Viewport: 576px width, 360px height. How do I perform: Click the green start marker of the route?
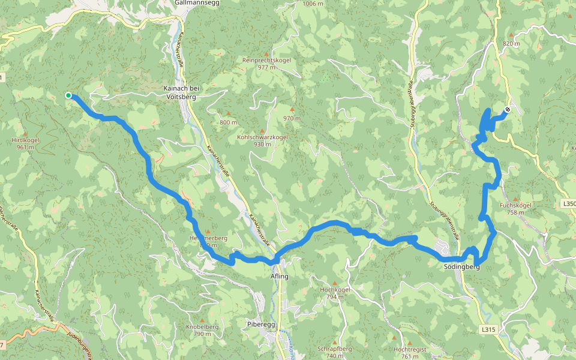pyautogui.click(x=68, y=95)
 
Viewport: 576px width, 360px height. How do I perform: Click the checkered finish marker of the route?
pyautogui.click(x=508, y=109)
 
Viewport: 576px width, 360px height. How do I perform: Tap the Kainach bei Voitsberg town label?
pyautogui.click(x=181, y=92)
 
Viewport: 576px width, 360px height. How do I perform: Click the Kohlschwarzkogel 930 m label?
pyautogui.click(x=263, y=140)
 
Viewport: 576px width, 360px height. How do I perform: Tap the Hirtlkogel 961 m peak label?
pyautogui.click(x=25, y=143)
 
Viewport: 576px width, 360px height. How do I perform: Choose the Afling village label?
pyautogui.click(x=280, y=277)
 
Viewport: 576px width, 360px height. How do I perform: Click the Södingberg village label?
pyautogui.click(x=462, y=267)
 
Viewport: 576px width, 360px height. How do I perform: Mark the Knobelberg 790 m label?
pyautogui.click(x=202, y=330)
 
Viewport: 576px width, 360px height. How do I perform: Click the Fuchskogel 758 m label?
pyautogui.click(x=515, y=208)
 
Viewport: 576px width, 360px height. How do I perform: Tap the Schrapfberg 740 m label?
pyautogui.click(x=334, y=352)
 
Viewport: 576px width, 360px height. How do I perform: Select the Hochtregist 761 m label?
pyautogui.click(x=410, y=352)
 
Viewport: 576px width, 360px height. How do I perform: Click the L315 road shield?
pyautogui.click(x=489, y=329)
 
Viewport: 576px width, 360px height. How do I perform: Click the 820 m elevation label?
pyautogui.click(x=511, y=44)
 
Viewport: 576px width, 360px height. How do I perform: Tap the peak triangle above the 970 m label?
pyautogui.click(x=292, y=109)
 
